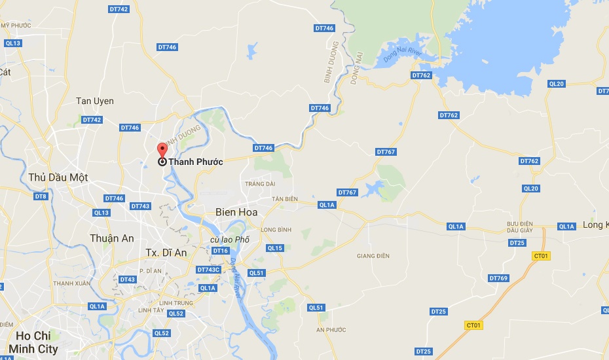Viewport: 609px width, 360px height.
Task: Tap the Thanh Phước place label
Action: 195,162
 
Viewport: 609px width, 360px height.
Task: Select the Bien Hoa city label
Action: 236,213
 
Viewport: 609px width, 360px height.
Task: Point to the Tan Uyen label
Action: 95,101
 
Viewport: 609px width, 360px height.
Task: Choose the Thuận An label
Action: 113,238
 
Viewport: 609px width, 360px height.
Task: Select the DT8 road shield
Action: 41,196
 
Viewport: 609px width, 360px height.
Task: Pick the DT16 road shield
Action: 220,251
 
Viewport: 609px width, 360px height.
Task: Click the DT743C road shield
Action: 210,270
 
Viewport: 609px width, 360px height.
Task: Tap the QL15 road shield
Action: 275,248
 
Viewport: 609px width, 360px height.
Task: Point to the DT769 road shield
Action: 498,278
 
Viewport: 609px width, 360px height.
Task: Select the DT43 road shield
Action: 128,279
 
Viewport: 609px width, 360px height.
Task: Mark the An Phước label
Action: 330,329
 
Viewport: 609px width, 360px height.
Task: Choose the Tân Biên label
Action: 286,199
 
